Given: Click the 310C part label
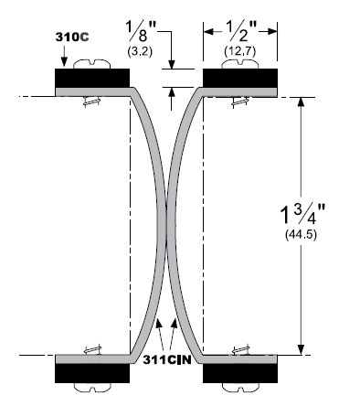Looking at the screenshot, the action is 72,37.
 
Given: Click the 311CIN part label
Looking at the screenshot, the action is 167,360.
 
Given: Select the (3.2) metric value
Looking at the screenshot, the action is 140,51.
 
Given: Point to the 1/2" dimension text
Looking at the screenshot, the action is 240,31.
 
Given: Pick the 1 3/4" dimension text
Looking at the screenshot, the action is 302,214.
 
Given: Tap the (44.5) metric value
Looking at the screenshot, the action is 301,235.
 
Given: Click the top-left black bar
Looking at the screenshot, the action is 92,78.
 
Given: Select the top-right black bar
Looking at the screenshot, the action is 240,78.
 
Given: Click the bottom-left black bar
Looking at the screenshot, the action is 92,373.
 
